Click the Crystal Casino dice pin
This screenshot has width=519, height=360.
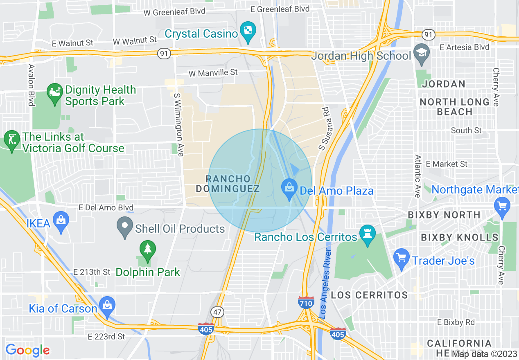point(248,32)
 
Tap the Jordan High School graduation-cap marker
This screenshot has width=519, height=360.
point(421,54)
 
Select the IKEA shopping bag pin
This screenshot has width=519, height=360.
point(61,221)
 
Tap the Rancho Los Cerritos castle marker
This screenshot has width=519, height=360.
point(367,234)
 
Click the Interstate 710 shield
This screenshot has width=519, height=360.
point(306,303)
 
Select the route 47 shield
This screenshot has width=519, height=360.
point(217,312)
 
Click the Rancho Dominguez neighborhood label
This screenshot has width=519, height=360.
point(228,184)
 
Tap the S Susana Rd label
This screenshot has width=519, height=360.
point(325,128)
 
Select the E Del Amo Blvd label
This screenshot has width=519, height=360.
point(106,208)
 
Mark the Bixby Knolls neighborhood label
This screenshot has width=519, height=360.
point(460,237)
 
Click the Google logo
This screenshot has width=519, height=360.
point(27,350)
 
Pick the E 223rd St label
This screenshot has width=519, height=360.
point(106,337)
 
